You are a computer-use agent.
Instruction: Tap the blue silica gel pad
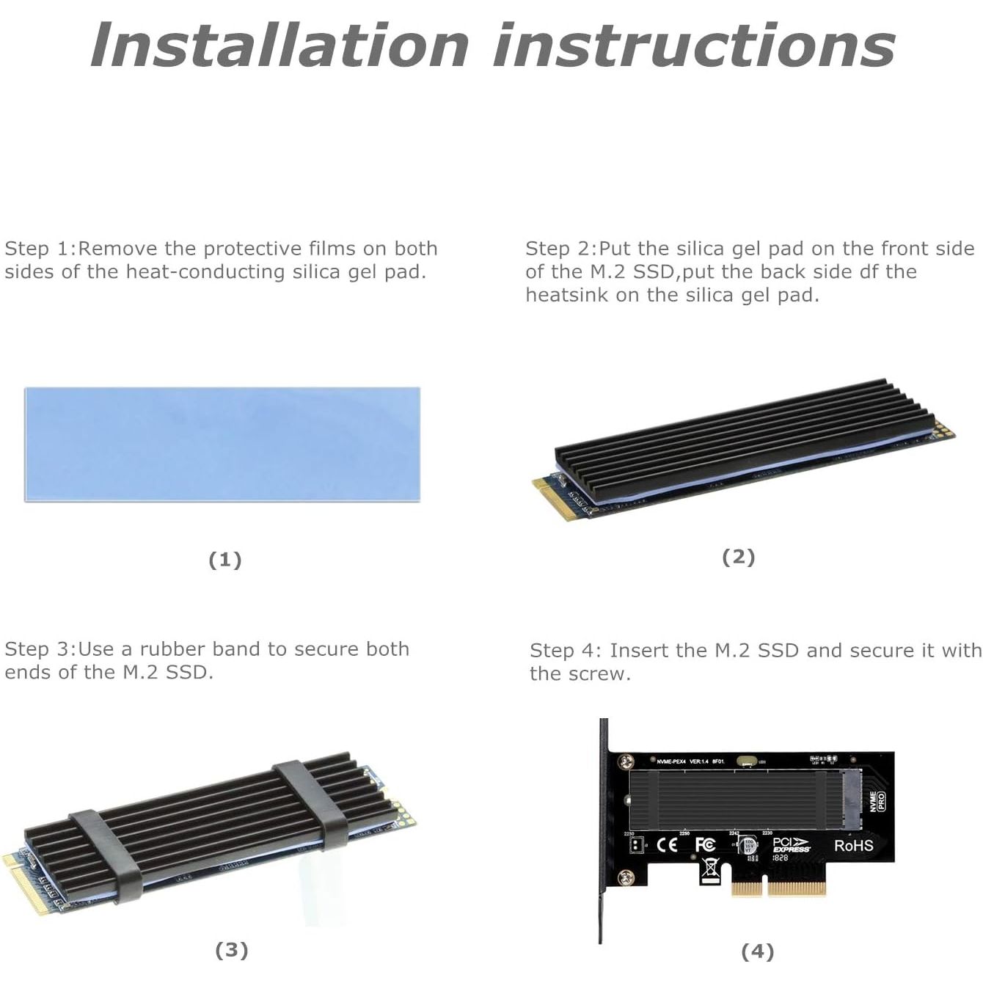(x=222, y=445)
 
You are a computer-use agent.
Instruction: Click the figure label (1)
(x=225, y=560)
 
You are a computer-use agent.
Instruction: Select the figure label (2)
(x=738, y=557)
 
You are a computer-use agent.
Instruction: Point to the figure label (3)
(x=232, y=950)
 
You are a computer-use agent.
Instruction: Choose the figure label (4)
(x=758, y=951)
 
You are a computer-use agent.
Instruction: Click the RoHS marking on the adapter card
(x=853, y=845)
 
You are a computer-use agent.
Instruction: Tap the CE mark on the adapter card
(x=667, y=845)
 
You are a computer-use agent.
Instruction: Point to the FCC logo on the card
(x=705, y=845)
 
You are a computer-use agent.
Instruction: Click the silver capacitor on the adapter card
(x=749, y=845)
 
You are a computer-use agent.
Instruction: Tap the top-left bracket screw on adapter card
(x=626, y=763)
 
